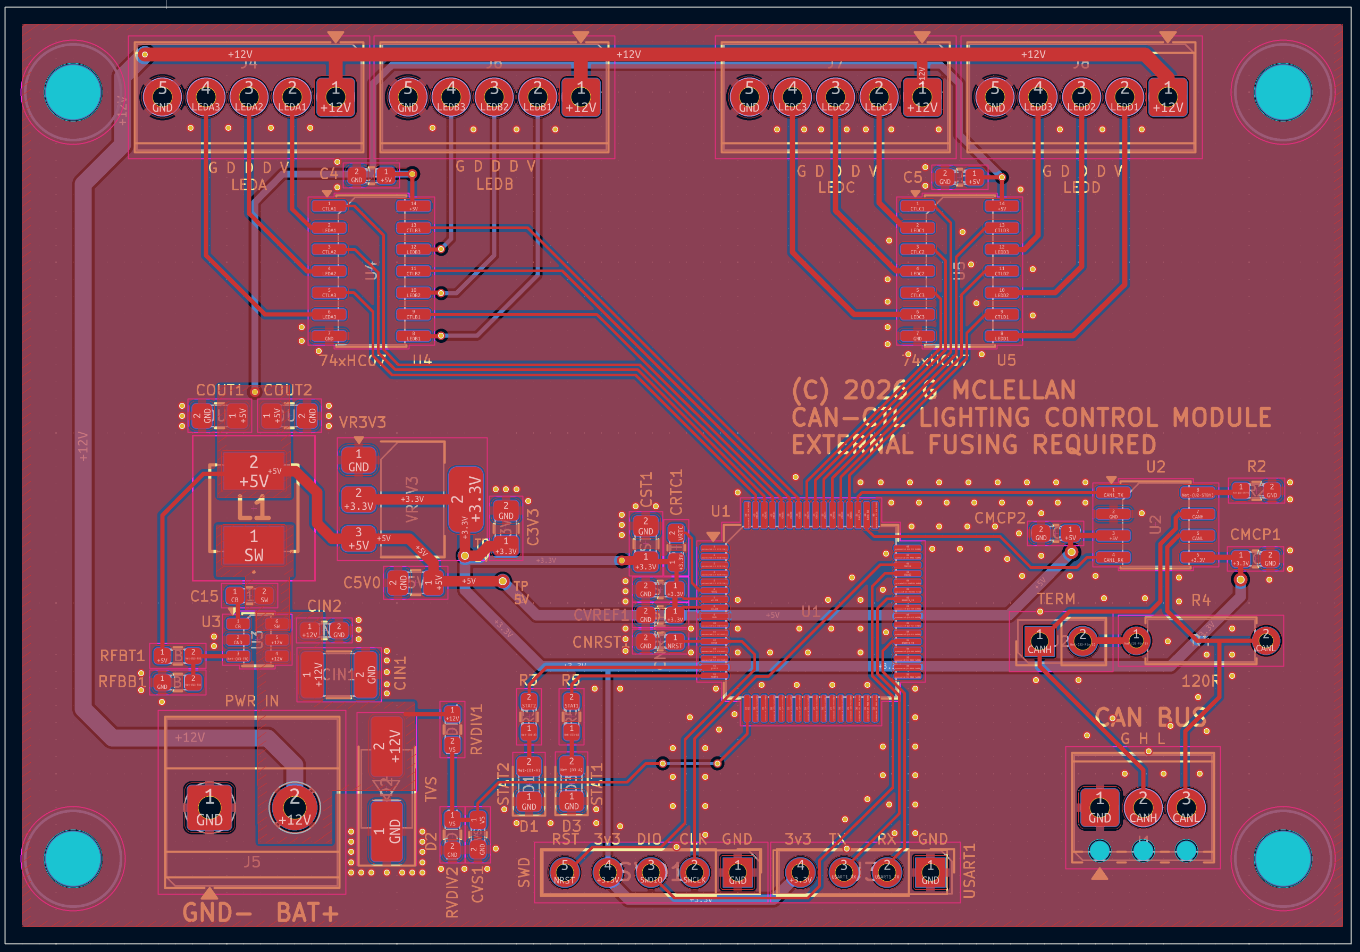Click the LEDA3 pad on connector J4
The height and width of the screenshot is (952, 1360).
[x=206, y=96]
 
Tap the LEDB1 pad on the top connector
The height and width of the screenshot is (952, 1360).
[x=537, y=96]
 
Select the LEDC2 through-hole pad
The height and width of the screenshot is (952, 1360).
[x=836, y=96]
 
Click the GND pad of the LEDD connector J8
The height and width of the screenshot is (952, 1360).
[x=995, y=96]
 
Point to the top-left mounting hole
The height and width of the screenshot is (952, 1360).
[x=73, y=92]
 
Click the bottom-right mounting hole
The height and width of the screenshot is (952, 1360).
[x=1283, y=858]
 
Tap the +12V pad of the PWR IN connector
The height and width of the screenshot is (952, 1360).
[x=295, y=806]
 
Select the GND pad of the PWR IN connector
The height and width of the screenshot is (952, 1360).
[x=209, y=806]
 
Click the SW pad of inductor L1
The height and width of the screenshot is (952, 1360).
[x=254, y=545]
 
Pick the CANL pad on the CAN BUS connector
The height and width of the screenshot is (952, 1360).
[x=1186, y=806]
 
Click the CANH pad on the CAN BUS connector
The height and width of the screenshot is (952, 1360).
[x=1143, y=806]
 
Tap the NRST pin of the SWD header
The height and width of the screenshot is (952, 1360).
[x=564, y=872]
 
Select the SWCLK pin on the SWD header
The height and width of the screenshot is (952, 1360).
[x=694, y=872]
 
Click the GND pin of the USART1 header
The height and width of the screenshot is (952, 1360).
[x=930, y=872]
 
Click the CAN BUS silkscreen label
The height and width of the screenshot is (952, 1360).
[x=1149, y=718]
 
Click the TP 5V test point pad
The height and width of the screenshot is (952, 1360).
[x=502, y=582]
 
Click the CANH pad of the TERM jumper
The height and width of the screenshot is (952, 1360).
[x=1039, y=641]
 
